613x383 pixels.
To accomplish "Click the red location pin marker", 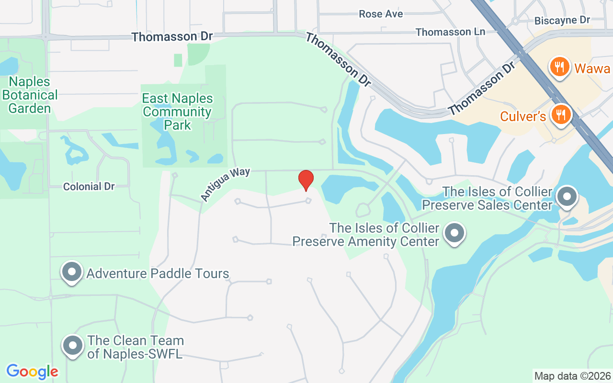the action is [306, 180].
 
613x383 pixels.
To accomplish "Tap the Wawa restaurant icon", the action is [559, 67].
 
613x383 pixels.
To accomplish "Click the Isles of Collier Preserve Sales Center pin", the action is [568, 196].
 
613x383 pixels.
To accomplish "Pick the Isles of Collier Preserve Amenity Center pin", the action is [454, 234].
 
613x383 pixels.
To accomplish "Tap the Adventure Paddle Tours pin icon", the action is [72, 272].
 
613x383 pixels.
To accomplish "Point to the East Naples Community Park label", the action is [177, 112].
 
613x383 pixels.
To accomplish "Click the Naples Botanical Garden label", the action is [30, 95].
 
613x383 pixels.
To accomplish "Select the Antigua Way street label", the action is [225, 184].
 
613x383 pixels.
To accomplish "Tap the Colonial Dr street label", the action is [89, 187].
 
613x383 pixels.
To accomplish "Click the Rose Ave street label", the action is [381, 14].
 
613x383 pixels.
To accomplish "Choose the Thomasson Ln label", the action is [450, 32].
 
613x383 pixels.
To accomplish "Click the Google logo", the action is [32, 372].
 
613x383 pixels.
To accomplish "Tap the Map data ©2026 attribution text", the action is [572, 376].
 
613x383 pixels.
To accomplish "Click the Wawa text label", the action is [592, 68].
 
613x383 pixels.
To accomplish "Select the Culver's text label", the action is [523, 116].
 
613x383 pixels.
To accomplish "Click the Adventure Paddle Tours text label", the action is [158, 273].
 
